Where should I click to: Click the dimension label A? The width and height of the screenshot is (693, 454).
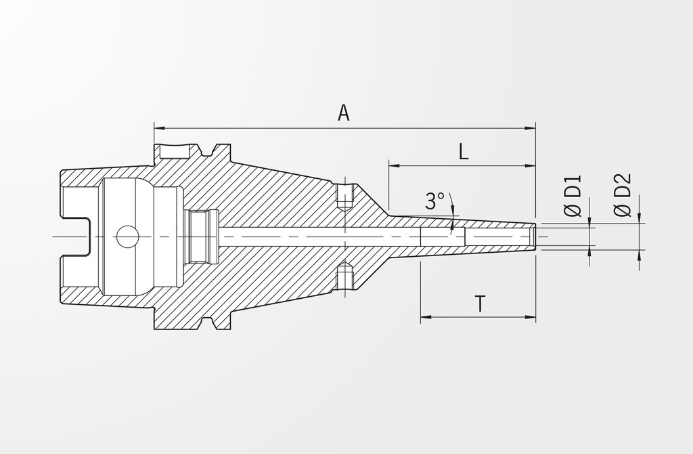[x=343, y=113]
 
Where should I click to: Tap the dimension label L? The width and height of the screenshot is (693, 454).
[x=463, y=152]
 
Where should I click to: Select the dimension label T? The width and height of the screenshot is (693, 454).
[x=480, y=304]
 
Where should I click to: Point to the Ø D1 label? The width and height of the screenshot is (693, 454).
[x=573, y=197]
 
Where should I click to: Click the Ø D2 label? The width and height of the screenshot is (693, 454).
[x=623, y=195]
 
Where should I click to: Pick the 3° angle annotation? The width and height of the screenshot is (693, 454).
[x=434, y=201]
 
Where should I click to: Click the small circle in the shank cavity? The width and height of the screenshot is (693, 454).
[x=128, y=236]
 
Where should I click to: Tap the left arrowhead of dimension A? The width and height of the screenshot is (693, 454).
[x=159, y=128]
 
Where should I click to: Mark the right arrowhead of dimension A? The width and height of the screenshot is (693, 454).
[x=530, y=128]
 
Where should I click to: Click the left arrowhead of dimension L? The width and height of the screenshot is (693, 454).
[x=395, y=166]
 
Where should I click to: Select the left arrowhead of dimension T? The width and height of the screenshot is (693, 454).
[x=426, y=317]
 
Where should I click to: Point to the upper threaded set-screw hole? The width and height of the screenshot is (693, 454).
[x=344, y=197]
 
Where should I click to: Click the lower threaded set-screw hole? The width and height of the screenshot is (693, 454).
[x=344, y=276]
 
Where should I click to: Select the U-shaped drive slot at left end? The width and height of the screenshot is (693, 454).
[x=76, y=236]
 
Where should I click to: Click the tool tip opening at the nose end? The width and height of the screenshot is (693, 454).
[x=535, y=236]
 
